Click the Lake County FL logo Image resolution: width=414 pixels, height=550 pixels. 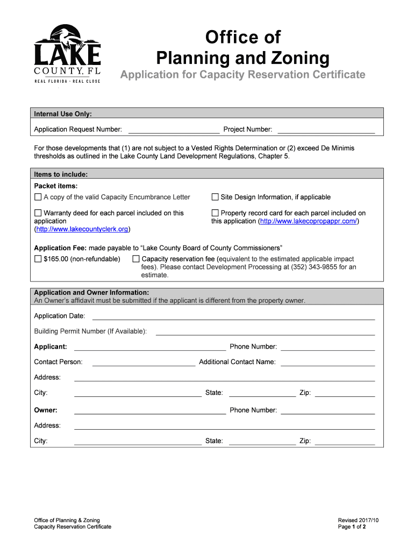67,54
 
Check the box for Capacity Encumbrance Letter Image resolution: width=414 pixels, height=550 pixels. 38,197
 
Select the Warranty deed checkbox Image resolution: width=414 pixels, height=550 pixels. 38,213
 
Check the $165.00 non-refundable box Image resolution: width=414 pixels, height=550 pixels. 38,259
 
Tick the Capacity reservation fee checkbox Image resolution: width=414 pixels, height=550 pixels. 136,259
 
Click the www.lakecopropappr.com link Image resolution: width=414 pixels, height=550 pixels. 308,221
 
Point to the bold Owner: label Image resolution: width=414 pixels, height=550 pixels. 46,410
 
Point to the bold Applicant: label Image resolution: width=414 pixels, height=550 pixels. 51,347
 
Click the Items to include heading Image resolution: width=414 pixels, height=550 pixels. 61,175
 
